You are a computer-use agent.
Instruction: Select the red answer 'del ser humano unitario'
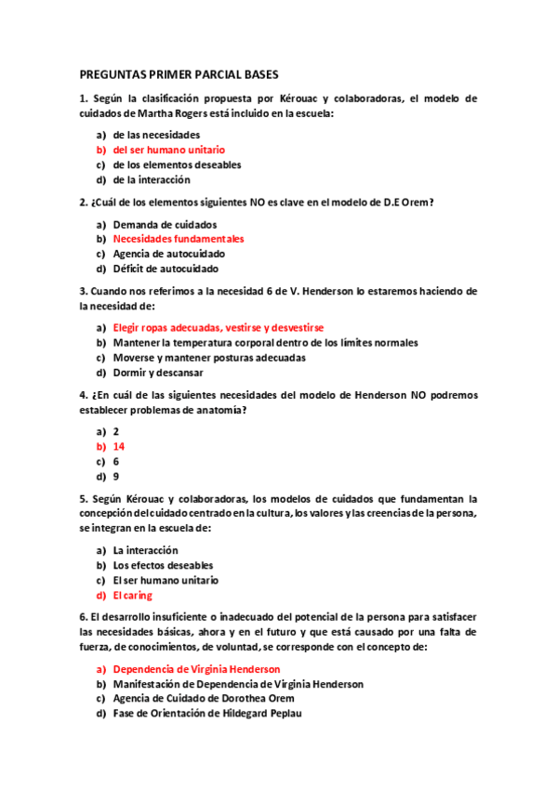[x=168, y=150]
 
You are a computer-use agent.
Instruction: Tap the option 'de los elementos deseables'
[x=177, y=164]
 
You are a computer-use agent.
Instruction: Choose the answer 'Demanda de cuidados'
[x=165, y=224]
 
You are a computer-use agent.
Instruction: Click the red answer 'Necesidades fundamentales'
[x=178, y=239]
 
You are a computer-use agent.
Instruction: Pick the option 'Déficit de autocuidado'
[x=166, y=269]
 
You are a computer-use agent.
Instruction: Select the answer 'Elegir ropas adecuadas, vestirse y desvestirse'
[x=218, y=328]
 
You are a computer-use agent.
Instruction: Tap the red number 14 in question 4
[x=118, y=447]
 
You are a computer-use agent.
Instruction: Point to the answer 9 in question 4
[x=116, y=477]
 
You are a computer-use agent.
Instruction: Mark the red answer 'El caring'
[x=132, y=596]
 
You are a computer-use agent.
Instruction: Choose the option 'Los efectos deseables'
[x=163, y=565]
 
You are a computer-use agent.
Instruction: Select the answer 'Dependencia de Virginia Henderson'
[x=196, y=669]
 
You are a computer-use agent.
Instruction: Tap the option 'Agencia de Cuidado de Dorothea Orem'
[x=199, y=699]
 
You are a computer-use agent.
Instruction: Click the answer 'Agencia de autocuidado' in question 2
[x=168, y=254]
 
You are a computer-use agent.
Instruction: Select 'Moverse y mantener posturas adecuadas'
[x=208, y=358]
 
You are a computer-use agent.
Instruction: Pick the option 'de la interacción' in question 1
[x=151, y=179]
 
